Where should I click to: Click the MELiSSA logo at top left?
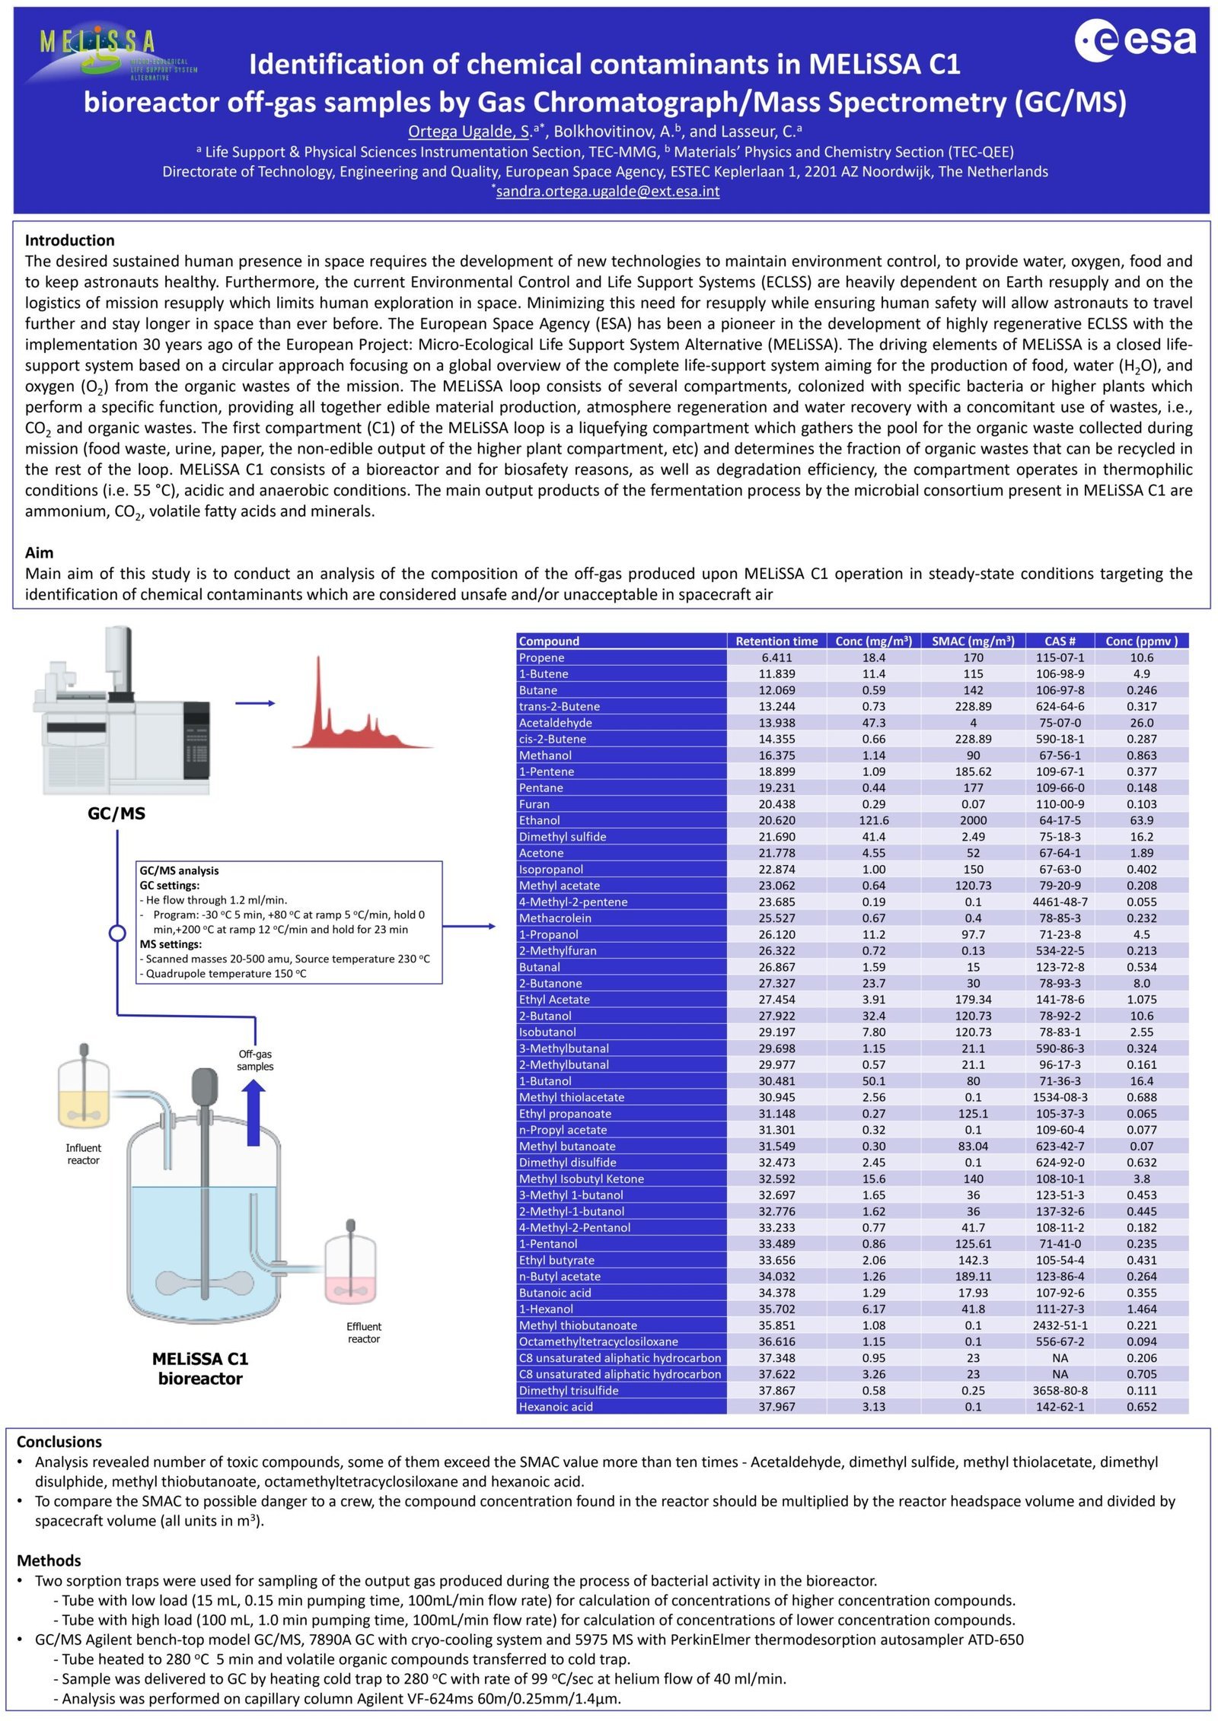click(x=107, y=53)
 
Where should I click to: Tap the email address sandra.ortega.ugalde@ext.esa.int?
click(x=607, y=192)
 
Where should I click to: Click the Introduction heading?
click(x=70, y=240)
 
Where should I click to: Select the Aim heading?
click(x=40, y=553)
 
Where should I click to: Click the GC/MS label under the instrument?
click(x=116, y=813)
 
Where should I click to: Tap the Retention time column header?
click(x=776, y=641)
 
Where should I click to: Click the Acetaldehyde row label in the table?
click(x=556, y=723)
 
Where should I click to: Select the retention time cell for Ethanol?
click(x=776, y=820)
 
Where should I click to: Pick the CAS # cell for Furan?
click(x=1060, y=804)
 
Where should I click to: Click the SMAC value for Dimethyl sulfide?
click(x=973, y=837)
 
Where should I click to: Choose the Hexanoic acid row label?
click(x=556, y=1407)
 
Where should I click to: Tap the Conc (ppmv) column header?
click(x=1141, y=641)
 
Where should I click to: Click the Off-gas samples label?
click(x=255, y=1060)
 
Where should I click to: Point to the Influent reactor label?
click(x=83, y=1153)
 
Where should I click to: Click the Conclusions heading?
click(x=59, y=1442)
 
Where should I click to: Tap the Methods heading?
click(x=49, y=1560)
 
